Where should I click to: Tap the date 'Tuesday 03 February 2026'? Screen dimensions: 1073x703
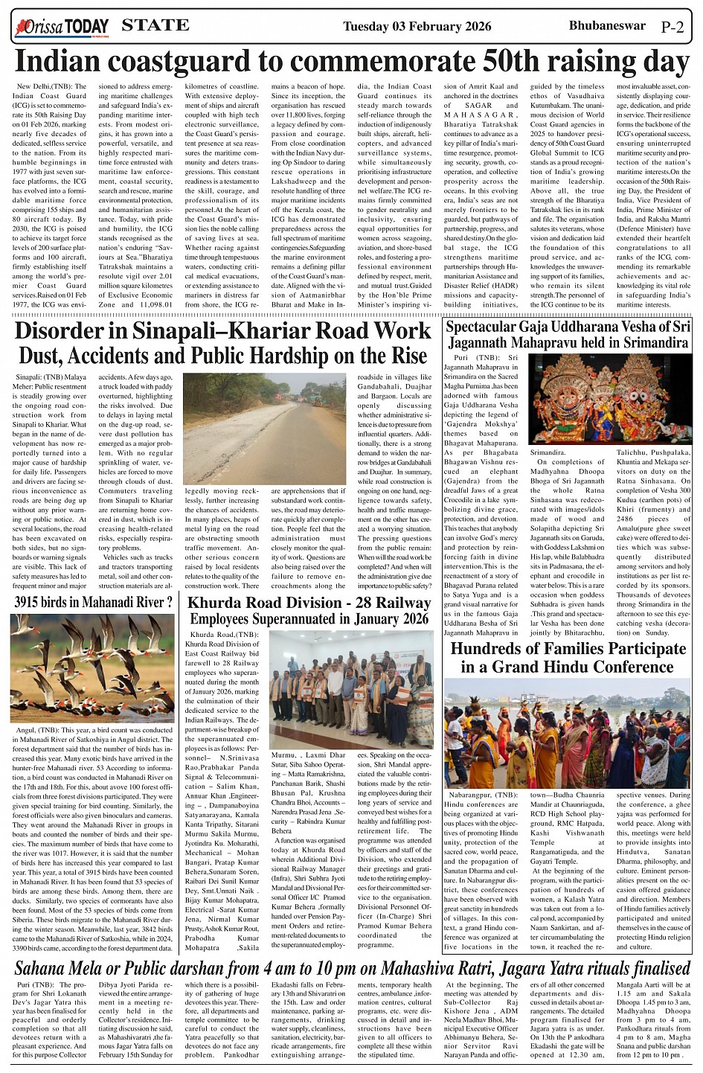pyautogui.click(x=417, y=27)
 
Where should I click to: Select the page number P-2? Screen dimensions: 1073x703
pyautogui.click(x=672, y=28)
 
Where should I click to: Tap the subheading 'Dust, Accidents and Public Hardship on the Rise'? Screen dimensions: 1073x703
pyautogui.click(x=223, y=355)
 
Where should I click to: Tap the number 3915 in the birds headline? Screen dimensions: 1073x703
pyautogui.click(x=32, y=600)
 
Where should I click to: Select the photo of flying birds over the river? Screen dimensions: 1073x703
pyautogui.click(x=93, y=667)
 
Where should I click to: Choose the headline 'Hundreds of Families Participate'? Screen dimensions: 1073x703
pyautogui.click(x=568, y=648)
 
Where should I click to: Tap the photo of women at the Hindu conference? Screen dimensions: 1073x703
pyautogui.click(x=567, y=733)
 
